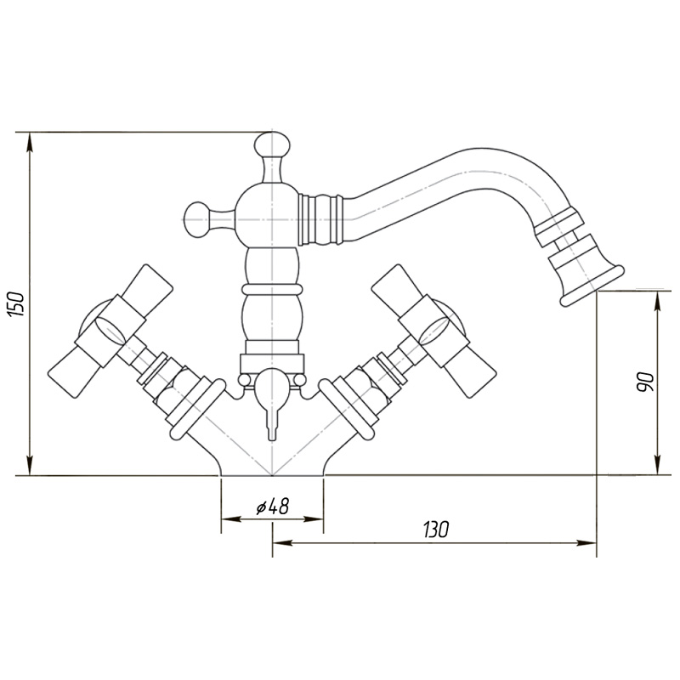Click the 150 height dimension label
[16, 303]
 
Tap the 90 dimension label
[646, 382]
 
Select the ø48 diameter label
[273, 506]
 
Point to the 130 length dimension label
[436, 529]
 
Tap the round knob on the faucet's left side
[196, 220]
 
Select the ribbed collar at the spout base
[321, 220]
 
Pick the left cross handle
[110, 331]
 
